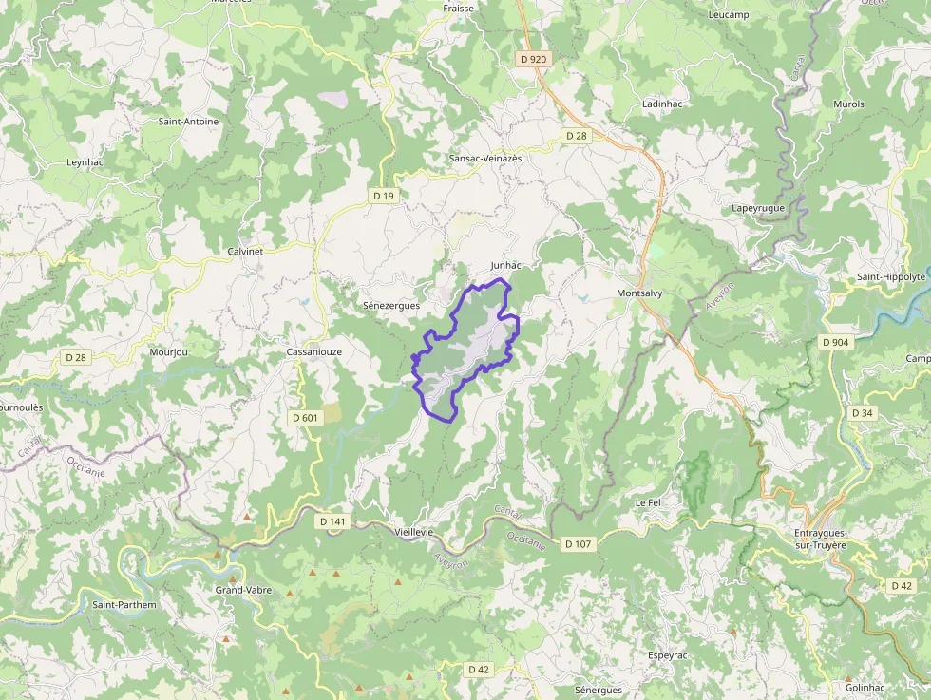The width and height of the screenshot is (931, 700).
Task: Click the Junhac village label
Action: coord(507,264)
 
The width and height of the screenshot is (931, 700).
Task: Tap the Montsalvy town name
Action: coord(638,293)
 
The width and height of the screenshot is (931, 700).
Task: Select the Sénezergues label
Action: coord(391,306)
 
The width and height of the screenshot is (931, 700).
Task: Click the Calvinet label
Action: coord(245,251)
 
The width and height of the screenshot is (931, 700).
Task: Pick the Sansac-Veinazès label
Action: coord(485,159)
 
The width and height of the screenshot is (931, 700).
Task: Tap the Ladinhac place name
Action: coord(663,103)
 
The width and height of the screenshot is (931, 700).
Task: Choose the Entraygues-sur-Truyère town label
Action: coord(820,539)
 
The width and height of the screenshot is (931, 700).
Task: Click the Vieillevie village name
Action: coord(412,533)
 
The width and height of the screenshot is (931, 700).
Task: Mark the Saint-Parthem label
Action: coord(123,604)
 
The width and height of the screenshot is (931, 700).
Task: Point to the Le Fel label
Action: coord(647,501)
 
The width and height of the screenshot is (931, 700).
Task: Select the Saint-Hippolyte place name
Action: coord(890,277)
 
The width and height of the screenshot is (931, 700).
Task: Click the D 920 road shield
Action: coord(534,59)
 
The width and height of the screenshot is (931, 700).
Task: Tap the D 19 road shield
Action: coord(383,196)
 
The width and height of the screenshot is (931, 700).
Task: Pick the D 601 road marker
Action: coord(305,417)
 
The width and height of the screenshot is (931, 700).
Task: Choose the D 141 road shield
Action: coord(332,521)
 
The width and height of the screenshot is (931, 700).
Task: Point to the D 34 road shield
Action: coord(862,413)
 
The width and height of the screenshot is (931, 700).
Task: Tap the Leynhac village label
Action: coord(85,162)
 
